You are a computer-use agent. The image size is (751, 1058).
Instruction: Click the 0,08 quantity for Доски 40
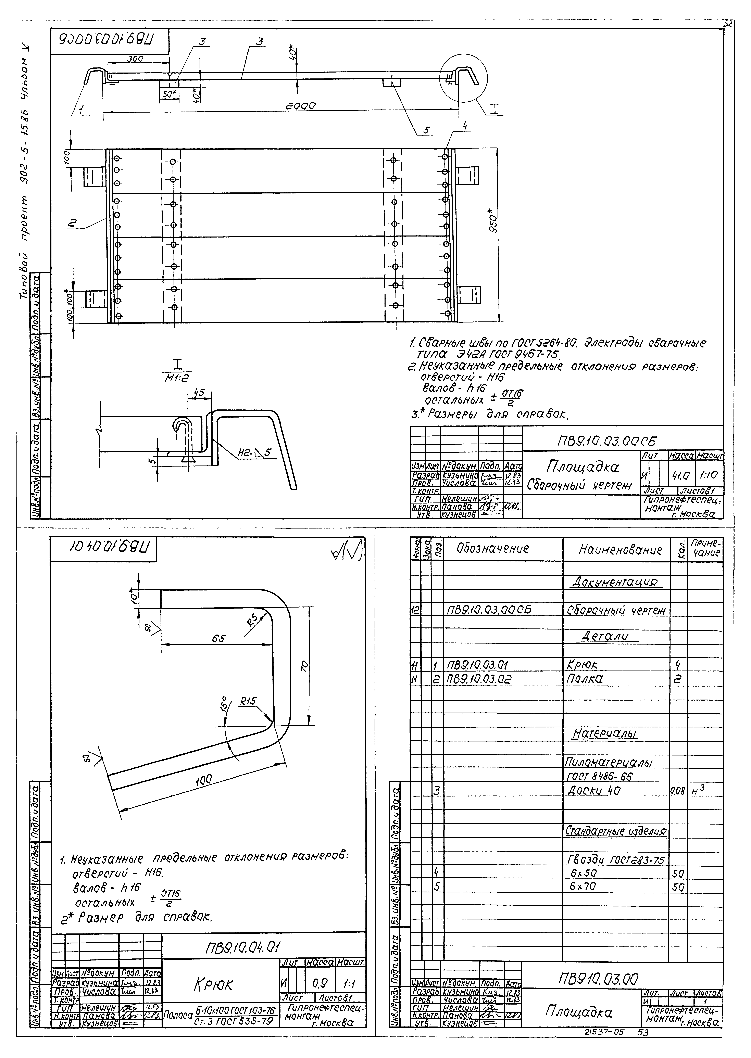[677, 791]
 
